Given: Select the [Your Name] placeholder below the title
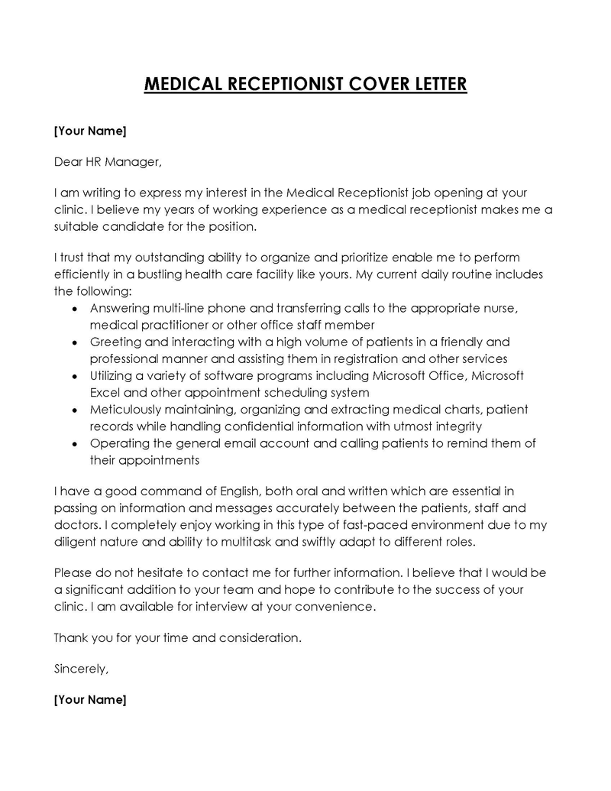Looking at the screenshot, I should coord(89,131).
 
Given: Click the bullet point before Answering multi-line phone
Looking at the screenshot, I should coord(73,310).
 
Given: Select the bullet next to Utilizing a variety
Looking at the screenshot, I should coord(73,377).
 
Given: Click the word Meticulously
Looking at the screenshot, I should coord(127,410).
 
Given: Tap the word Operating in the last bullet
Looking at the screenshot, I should coord(118,443).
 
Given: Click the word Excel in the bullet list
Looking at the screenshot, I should coord(105,393).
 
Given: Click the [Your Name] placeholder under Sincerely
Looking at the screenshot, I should coord(89,699).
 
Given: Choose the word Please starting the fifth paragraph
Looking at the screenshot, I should coord(73,572).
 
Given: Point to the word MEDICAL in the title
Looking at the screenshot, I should coord(182,83).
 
